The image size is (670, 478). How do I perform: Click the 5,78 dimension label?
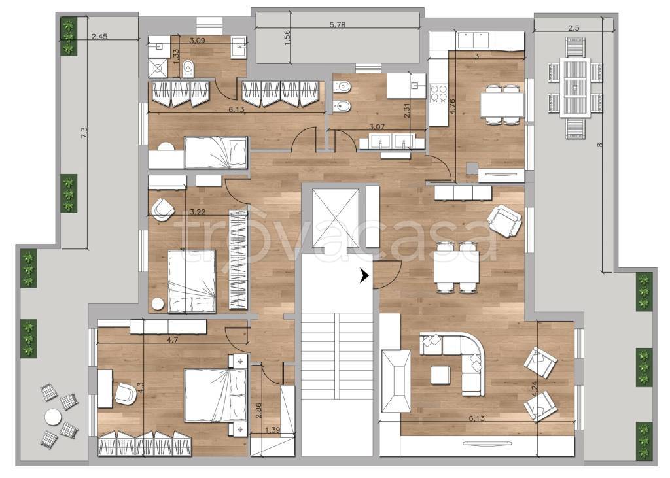(x=338, y=25)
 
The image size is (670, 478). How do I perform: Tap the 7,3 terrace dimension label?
(x=85, y=133)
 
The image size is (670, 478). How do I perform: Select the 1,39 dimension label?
(x=272, y=430)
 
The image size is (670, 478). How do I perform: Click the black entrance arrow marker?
(x=364, y=277)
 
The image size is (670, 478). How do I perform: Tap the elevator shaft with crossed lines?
(x=335, y=218)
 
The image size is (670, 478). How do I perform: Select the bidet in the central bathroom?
(x=342, y=105)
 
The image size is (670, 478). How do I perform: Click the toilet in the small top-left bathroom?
(x=188, y=67)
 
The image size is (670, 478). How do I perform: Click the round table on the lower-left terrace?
(x=53, y=417)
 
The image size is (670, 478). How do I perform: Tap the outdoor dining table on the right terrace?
(x=575, y=88)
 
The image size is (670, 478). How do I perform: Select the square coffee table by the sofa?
(x=440, y=375)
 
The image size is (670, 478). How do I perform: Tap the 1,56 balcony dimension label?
(x=287, y=37)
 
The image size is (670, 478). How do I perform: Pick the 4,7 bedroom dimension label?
(x=172, y=340)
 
